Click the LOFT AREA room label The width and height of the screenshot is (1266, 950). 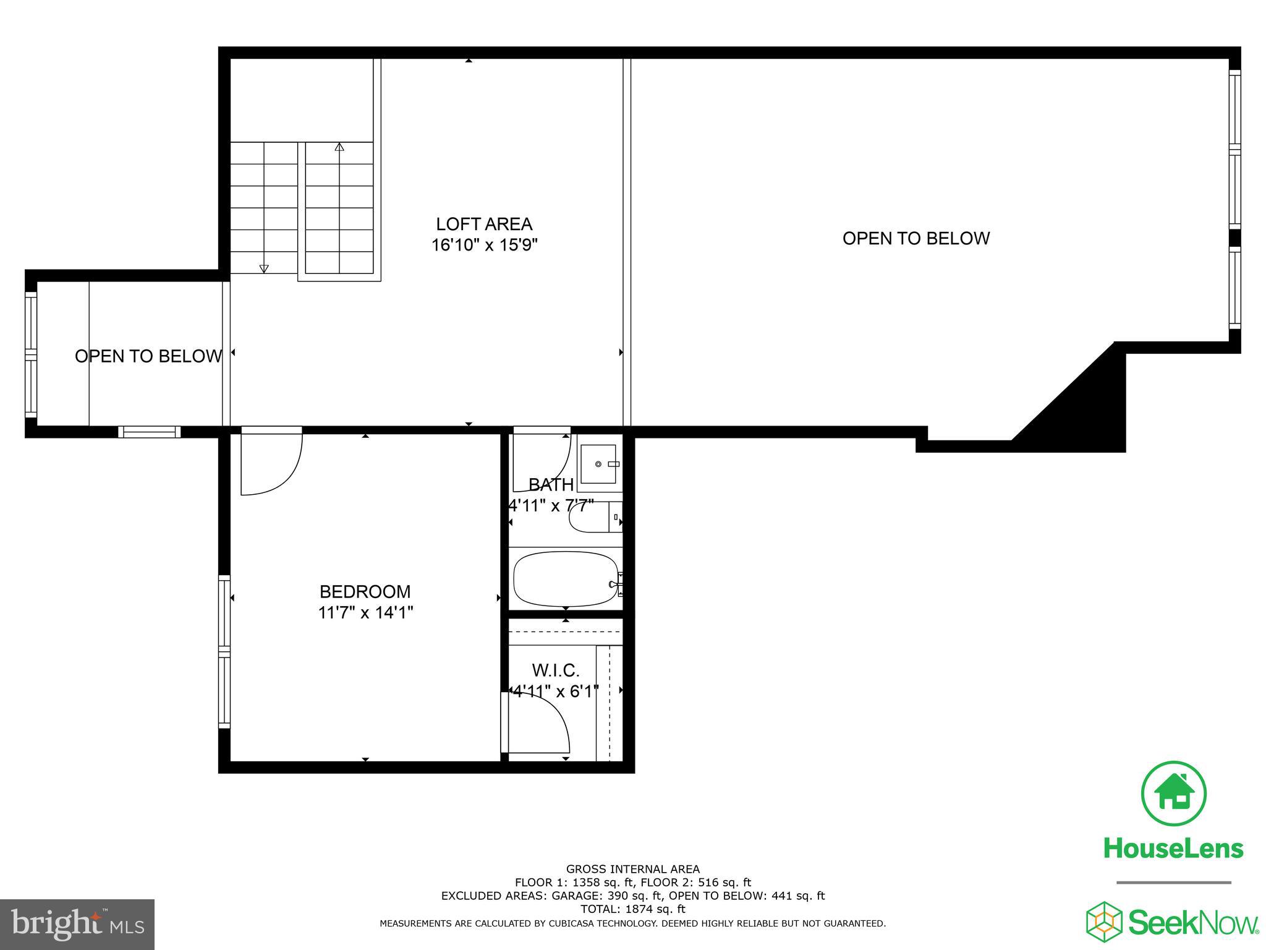point(484,224)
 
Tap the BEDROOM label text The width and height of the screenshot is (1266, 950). point(365,592)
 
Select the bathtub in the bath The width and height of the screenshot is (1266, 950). point(566,579)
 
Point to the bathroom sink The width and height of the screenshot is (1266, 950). point(598,463)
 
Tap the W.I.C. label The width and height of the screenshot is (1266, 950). point(556,670)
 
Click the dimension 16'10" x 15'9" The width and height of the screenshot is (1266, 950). point(484,246)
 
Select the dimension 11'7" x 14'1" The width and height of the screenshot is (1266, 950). point(365,613)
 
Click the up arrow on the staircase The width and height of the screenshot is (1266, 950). point(339,147)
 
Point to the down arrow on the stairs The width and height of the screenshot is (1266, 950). point(264,268)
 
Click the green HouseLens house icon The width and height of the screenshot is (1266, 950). point(1173,794)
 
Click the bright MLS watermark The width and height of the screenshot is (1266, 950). point(77,924)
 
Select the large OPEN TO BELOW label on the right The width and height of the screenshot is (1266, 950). point(916,239)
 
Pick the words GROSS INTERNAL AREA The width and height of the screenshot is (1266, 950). point(633,869)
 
